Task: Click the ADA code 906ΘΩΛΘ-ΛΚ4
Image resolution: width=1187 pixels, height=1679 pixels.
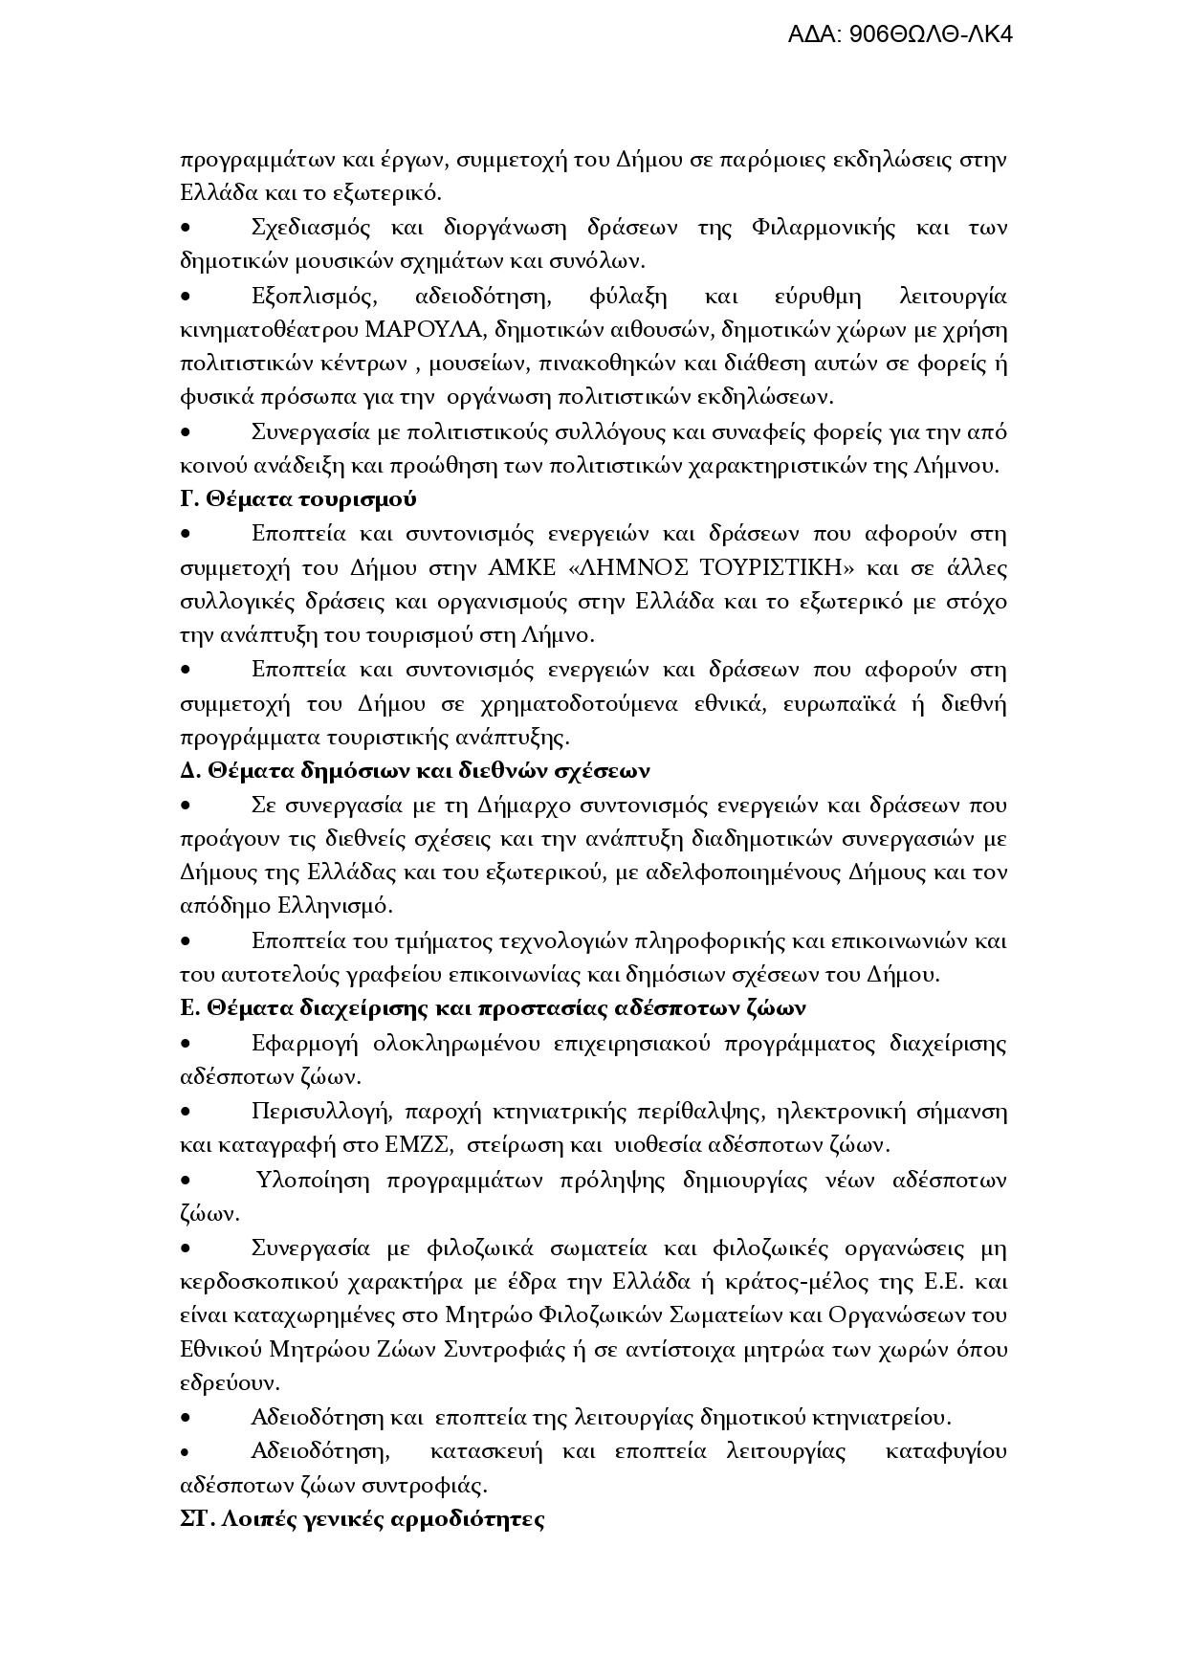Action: coord(899,34)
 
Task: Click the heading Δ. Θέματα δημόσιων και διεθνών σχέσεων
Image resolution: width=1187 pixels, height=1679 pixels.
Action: coord(415,771)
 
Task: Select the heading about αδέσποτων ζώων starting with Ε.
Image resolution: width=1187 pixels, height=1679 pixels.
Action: coord(493,1008)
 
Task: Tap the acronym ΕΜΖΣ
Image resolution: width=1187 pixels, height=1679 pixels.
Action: coord(408,1144)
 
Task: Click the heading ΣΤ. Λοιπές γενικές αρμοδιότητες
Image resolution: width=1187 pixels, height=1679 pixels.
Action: coord(363,1519)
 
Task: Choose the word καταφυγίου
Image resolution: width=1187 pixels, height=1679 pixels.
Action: coord(946,1451)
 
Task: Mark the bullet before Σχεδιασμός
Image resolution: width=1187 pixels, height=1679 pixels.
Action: coord(187,229)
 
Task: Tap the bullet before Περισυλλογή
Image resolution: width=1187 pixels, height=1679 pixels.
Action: coord(187,1112)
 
